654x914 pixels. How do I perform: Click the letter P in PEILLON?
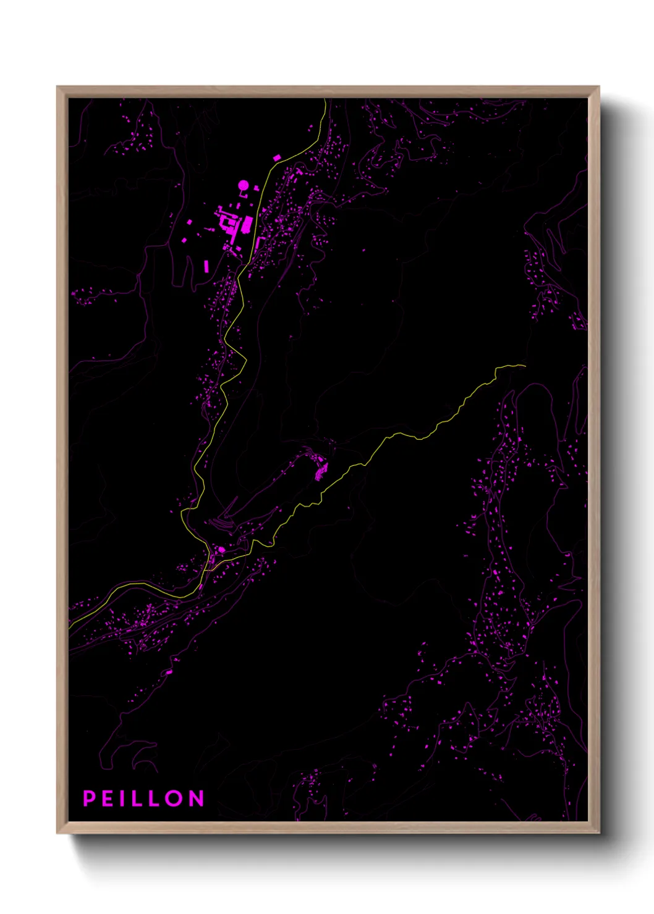point(89,799)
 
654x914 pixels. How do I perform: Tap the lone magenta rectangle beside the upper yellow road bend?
point(276,158)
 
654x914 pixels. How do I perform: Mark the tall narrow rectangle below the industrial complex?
point(206,266)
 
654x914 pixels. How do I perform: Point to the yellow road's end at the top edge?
point(325,99)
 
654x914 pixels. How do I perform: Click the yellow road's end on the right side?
point(525,366)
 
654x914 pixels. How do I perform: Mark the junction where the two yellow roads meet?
point(210,547)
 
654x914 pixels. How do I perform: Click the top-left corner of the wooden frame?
point(57,87)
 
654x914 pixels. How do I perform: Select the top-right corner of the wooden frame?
point(598,87)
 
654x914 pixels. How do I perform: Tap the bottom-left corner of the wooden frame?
point(57,832)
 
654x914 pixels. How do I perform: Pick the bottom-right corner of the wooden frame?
point(598,832)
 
